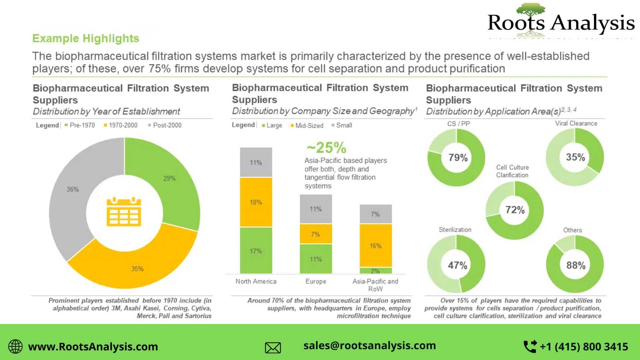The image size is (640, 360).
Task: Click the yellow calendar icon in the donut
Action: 124,212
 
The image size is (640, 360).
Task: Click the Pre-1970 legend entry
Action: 80,125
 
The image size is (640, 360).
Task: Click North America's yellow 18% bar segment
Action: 256,202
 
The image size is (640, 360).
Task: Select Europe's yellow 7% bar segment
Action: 316,234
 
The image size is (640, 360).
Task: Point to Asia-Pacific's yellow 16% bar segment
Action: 376,246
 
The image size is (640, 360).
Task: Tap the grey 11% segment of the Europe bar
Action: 316,209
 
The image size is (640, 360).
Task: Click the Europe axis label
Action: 316,282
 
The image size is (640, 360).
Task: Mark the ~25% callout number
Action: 326,148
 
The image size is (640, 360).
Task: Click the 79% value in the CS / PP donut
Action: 458,158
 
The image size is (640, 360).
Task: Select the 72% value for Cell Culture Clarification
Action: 515,210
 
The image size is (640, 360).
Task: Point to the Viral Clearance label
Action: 576,124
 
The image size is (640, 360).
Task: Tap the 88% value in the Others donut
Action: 576,265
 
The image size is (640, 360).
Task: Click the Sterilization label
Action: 455,230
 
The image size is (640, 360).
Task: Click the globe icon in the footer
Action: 16,346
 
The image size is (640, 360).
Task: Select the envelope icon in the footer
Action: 273,348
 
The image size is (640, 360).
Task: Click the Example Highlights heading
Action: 86,38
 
